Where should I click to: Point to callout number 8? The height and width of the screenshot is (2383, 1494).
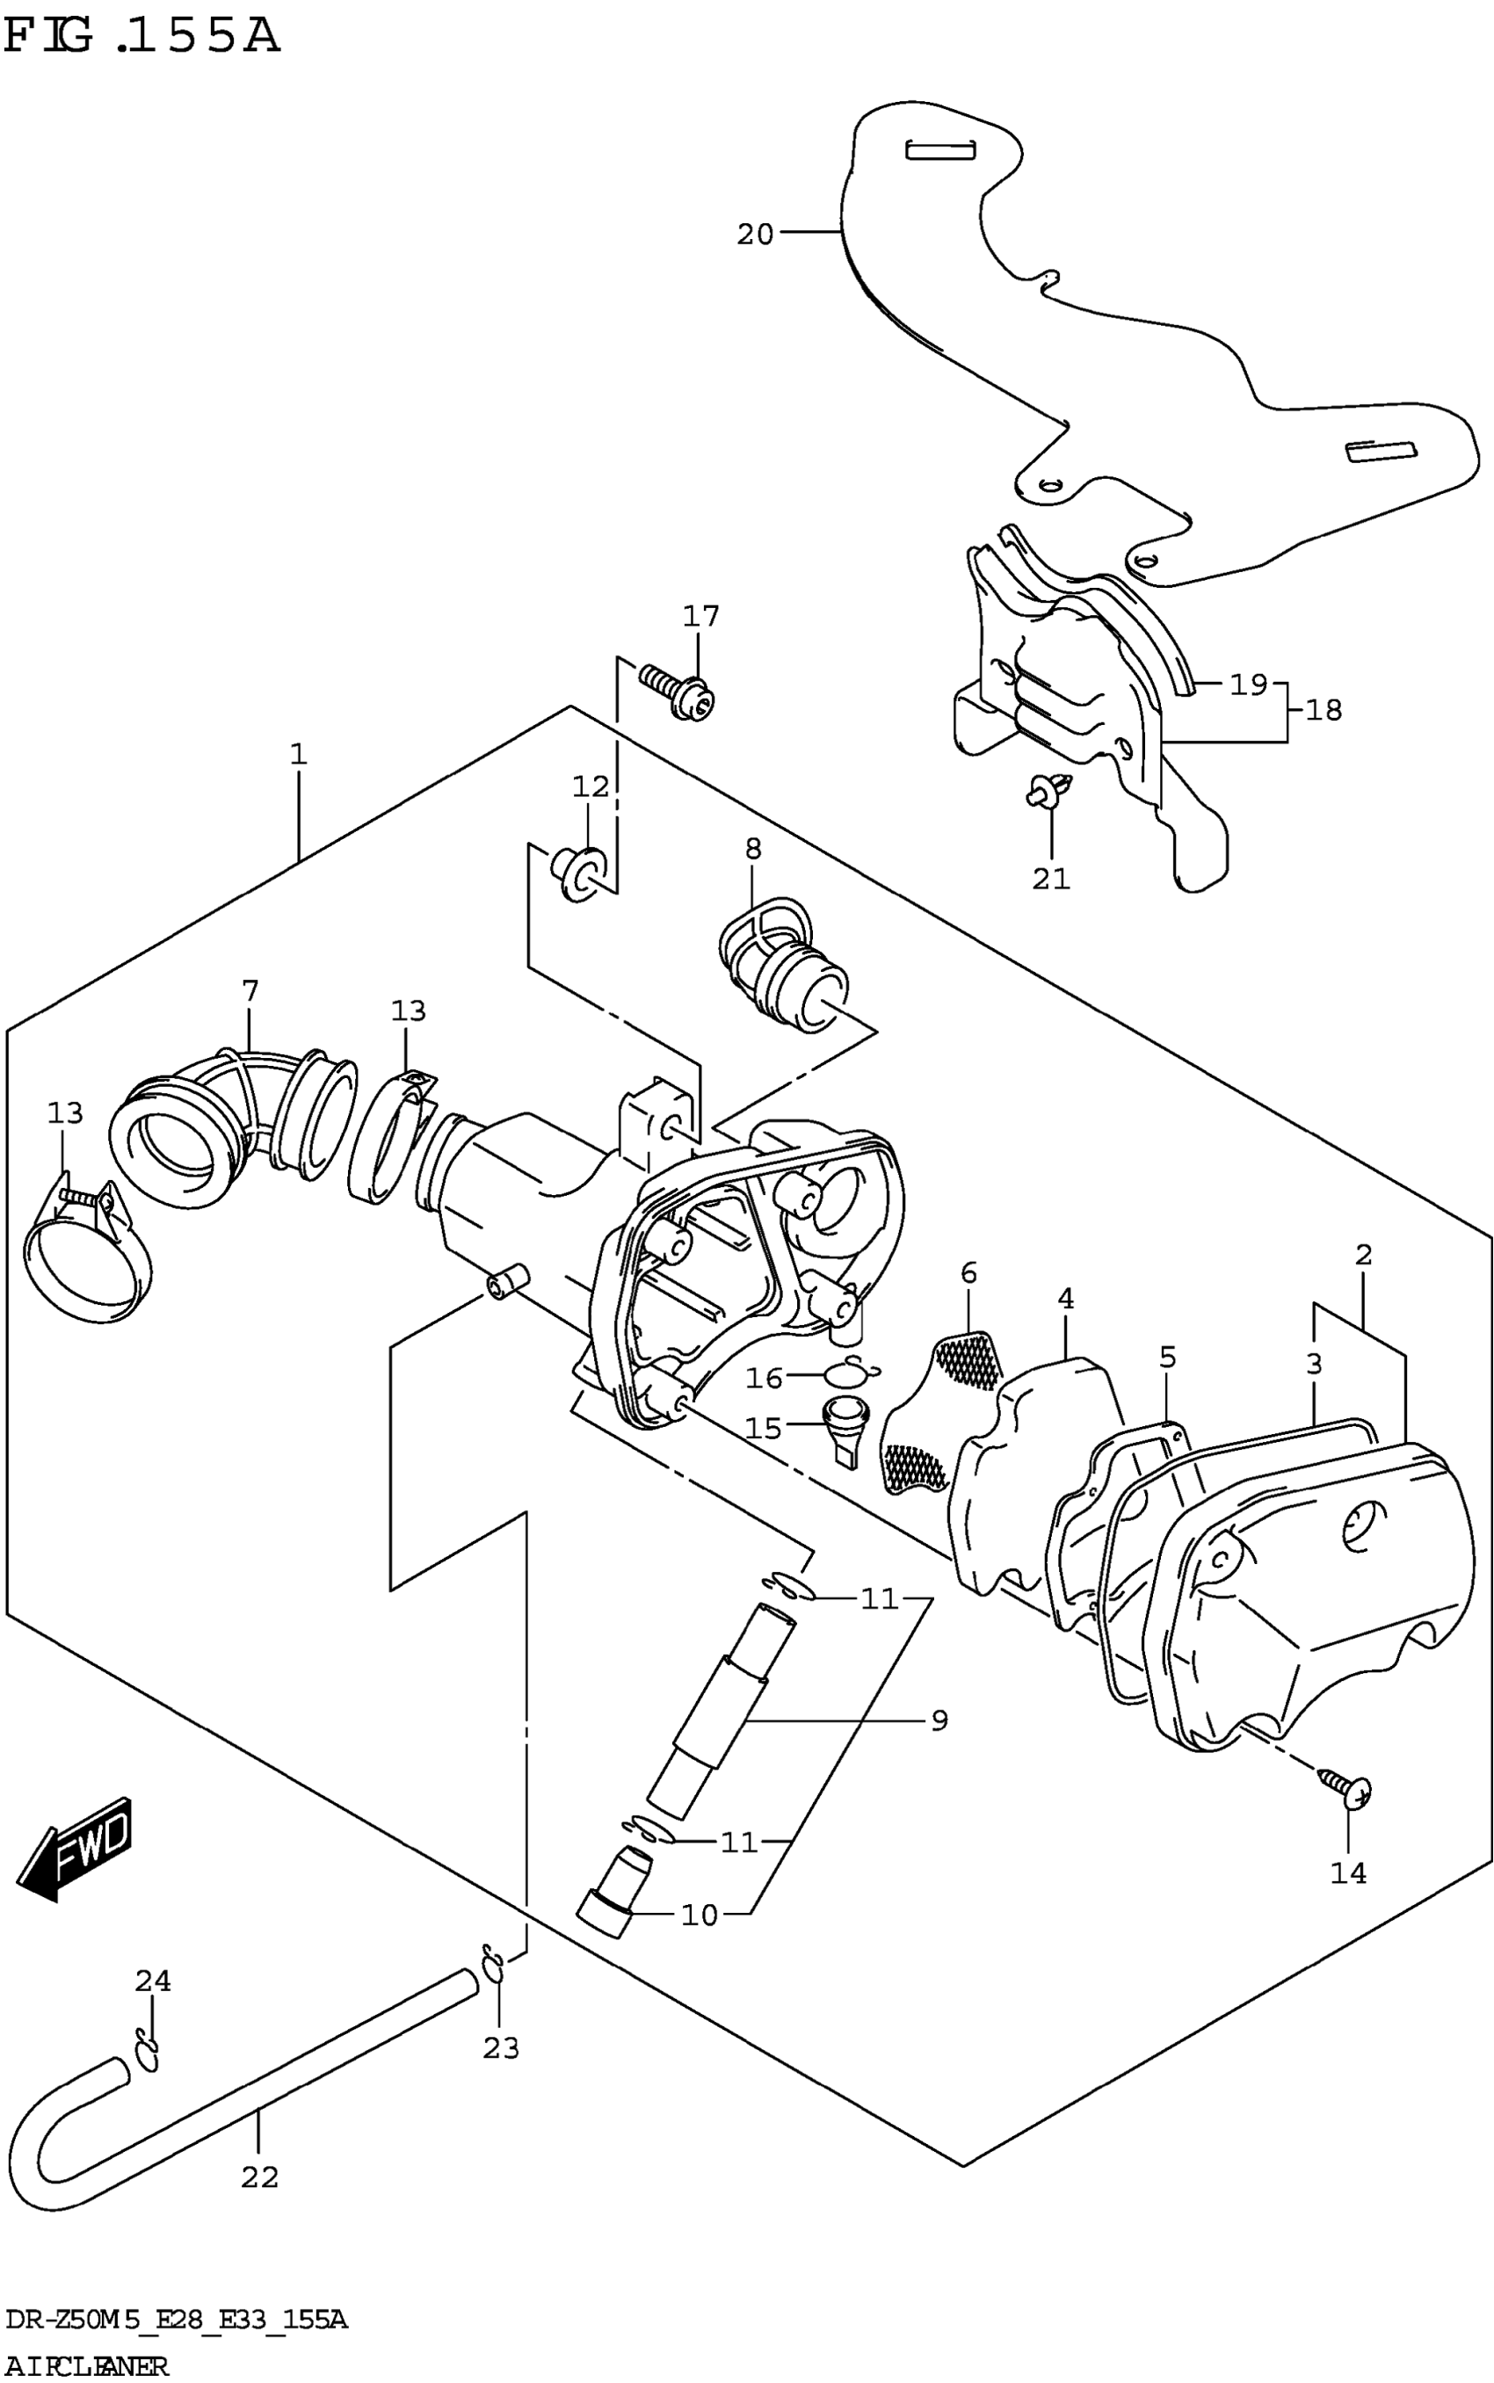point(754,848)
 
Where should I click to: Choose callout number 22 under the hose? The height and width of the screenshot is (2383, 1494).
point(260,2177)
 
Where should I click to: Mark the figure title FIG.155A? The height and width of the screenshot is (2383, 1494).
point(143,37)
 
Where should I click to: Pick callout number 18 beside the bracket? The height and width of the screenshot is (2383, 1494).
point(1323,709)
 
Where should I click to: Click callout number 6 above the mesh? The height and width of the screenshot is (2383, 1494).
point(968,1273)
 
